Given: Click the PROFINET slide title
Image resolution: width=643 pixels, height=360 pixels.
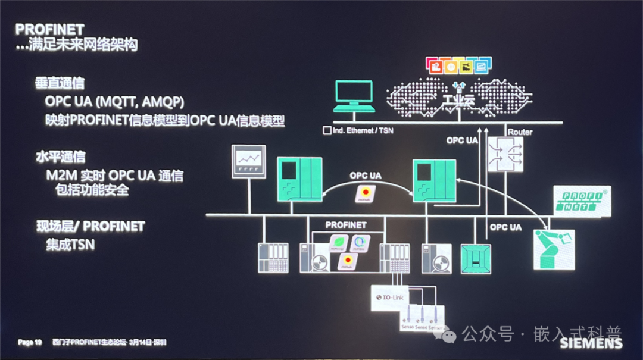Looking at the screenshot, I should point(49,29).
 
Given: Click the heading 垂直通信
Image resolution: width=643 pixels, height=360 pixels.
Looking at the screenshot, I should point(60,83).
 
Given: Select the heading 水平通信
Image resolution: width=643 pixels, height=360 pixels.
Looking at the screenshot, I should point(60,157).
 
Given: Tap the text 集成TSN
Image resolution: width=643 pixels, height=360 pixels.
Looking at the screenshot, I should point(70,244).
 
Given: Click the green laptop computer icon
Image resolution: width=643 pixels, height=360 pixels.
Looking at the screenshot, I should point(355,96).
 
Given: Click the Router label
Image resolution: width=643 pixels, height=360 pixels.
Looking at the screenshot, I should point(520,132).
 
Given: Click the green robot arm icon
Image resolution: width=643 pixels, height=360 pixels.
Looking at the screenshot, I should point(554,251).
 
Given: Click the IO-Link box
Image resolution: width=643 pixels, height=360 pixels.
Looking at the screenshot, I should point(390,296).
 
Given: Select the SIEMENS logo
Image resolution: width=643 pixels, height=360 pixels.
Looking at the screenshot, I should point(591,343).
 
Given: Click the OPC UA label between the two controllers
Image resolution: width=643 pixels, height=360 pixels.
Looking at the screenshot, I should point(366,176).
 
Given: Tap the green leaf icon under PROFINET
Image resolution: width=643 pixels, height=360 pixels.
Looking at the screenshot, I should point(339,242).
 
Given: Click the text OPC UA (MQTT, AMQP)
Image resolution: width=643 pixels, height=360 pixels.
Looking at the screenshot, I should point(114,101).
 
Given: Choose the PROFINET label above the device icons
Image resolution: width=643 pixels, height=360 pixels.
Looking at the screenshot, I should point(346,225).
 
